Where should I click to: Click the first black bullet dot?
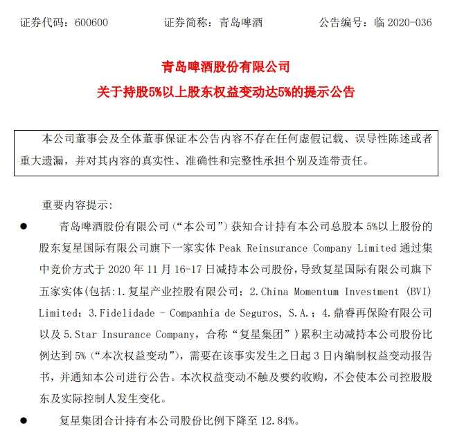24,226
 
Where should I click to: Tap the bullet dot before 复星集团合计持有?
24,420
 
